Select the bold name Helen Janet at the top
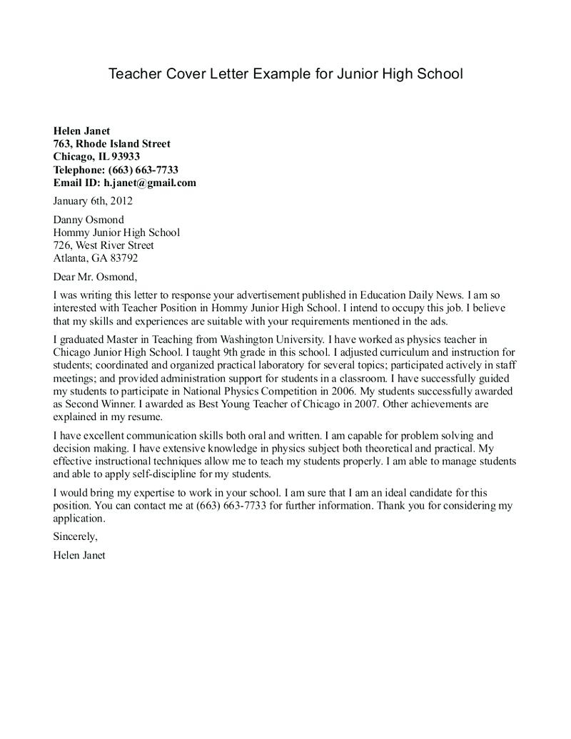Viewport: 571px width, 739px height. pos(81,131)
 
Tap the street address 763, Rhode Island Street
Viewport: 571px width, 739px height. pos(111,143)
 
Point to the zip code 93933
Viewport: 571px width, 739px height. pos(126,156)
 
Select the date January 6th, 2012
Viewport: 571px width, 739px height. pos(93,201)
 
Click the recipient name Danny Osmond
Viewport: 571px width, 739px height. pos(89,220)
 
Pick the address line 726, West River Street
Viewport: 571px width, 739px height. pos(103,245)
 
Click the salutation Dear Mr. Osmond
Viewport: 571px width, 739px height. pos(94,276)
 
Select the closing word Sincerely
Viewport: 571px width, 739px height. pos(75,536)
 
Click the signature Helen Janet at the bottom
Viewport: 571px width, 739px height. pos(79,554)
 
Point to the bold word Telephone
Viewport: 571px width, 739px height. pos(79,170)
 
